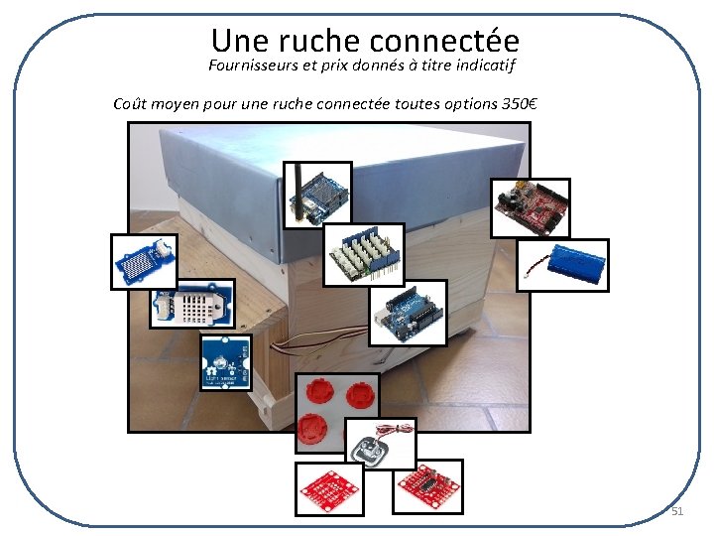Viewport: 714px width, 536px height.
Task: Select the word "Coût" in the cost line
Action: click(x=134, y=102)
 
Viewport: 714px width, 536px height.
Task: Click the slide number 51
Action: click(x=677, y=511)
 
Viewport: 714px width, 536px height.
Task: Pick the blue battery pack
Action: click(x=563, y=265)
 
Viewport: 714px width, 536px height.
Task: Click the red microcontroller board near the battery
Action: click(x=532, y=207)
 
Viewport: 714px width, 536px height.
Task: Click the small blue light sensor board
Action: click(x=225, y=362)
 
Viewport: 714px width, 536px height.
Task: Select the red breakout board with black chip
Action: click(x=427, y=486)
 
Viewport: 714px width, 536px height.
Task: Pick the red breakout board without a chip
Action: click(x=330, y=488)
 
